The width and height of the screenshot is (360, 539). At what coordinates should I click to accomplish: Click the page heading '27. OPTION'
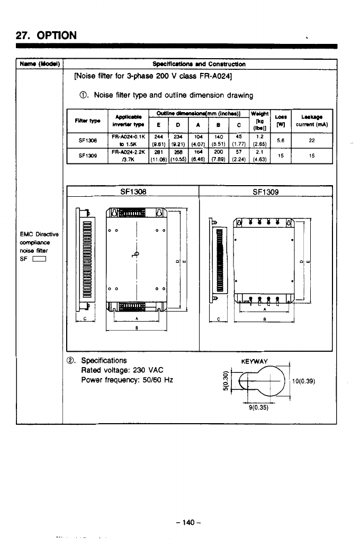click(47, 35)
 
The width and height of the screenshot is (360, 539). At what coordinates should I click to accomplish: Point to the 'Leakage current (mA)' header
click(312, 121)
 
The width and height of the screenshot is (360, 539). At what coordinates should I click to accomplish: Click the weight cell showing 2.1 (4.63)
click(259, 156)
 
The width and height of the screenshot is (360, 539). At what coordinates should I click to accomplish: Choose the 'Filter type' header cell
click(86, 121)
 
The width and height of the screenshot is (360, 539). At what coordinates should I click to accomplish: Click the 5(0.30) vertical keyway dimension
click(226, 381)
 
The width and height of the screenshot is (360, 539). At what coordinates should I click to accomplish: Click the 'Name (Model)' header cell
click(40, 65)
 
